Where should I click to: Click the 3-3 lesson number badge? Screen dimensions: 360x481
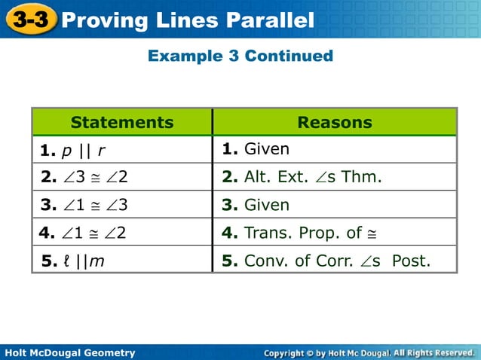tap(30, 19)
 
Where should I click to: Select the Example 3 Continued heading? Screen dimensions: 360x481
tap(240, 56)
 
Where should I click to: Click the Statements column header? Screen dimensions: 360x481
tap(122, 122)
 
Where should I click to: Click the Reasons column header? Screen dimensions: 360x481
tap(335, 122)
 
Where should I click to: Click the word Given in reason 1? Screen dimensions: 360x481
tap(266, 150)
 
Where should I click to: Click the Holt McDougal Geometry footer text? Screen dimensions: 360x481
tap(69, 352)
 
